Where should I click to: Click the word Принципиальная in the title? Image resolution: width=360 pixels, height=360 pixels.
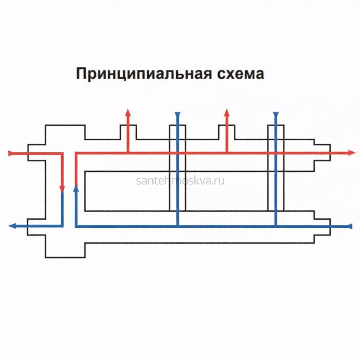coord(144,74)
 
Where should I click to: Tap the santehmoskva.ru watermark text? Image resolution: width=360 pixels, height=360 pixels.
coord(180,181)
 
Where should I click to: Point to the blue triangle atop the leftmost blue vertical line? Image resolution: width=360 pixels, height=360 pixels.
coord(178,114)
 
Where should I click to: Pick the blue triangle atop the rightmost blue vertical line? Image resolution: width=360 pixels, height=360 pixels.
coord(276,114)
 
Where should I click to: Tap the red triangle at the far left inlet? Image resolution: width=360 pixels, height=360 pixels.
coord(10,153)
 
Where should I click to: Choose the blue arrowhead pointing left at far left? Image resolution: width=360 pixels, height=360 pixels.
coord(12,226)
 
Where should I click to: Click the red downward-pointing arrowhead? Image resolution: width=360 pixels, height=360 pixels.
coord(62,189)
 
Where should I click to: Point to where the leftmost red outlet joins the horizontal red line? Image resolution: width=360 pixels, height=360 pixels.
coord(128,153)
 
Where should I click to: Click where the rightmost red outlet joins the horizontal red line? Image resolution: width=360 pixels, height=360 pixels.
coord(227,153)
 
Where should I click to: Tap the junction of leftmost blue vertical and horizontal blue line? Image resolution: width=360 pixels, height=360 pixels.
coord(178,226)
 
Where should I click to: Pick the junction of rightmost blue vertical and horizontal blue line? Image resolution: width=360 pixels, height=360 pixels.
coord(276,226)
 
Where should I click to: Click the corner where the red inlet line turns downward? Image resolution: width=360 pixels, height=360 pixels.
coord(62,154)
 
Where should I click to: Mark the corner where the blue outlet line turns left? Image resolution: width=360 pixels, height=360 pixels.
coord(62,226)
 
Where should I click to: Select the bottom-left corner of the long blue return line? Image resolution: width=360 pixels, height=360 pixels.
coord(76,226)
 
